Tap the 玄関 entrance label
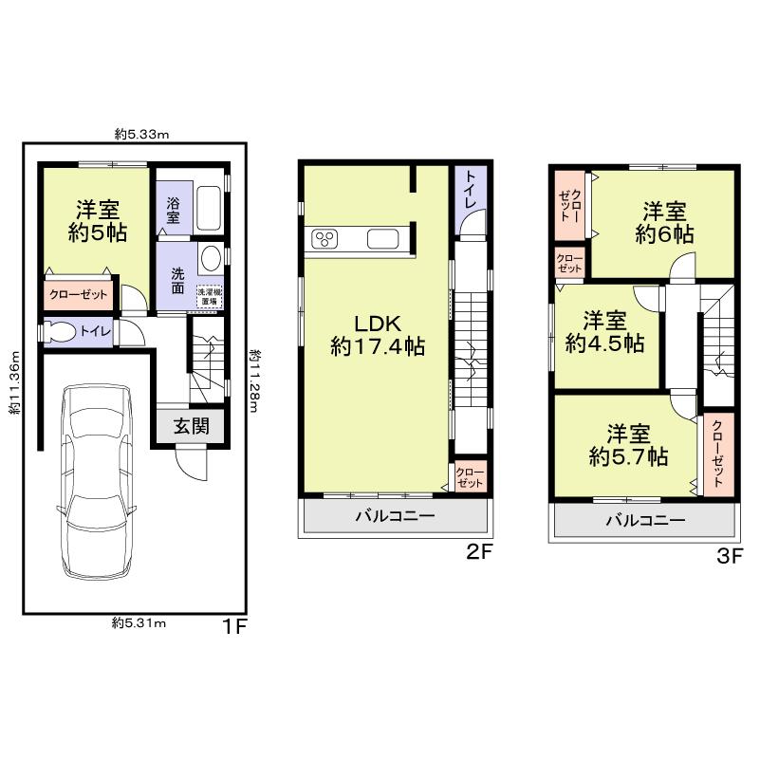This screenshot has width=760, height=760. coord(191,427)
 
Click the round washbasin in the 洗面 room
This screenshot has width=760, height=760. coord(212,258)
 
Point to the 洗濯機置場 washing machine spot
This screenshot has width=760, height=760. coord(209,295)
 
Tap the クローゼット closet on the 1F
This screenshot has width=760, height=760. coord(80,295)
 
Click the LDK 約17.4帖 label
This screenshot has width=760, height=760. coord(376,334)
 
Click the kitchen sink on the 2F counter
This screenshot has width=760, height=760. coord(384,239)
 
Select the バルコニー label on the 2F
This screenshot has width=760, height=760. coord(395,517)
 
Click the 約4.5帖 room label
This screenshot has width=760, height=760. coord(604,333)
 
